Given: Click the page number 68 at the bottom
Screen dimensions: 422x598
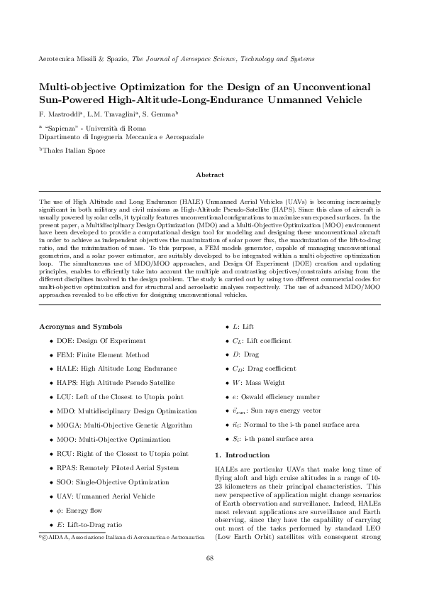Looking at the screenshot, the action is tap(210, 558).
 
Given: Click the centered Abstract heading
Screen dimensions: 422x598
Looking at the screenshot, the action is tap(210, 175).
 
